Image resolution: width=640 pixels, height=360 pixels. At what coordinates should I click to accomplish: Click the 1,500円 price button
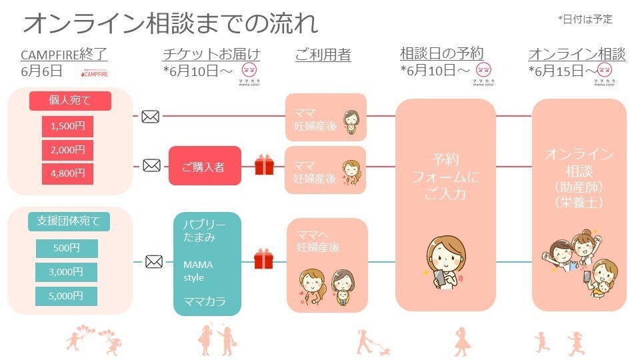pyautogui.click(x=67, y=125)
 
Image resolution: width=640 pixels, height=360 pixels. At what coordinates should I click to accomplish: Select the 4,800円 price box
pyautogui.click(x=67, y=173)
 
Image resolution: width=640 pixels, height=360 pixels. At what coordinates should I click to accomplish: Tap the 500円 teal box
pyautogui.click(x=67, y=248)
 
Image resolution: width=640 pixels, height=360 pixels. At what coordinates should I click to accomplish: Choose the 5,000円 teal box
pyautogui.click(x=67, y=295)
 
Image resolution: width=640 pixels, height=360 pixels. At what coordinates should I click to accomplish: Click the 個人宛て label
pyautogui.click(x=69, y=101)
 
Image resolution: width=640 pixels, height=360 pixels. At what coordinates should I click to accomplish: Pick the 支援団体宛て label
pyautogui.click(x=69, y=221)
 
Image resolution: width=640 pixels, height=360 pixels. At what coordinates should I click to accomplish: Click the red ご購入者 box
pyautogui.click(x=204, y=166)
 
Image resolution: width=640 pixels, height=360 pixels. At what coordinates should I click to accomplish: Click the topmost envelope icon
pyautogui.click(x=151, y=117)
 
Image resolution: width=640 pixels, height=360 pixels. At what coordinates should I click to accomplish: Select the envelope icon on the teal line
pyautogui.click(x=153, y=261)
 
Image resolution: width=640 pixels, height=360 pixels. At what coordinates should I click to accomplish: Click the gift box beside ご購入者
pyautogui.click(x=264, y=165)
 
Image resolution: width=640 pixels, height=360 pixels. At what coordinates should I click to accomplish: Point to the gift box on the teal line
pyautogui.click(x=264, y=259)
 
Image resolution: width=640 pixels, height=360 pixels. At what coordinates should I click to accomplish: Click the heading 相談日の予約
pyautogui.click(x=442, y=53)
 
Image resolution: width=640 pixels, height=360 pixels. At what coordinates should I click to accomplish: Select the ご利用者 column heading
pyautogui.click(x=323, y=54)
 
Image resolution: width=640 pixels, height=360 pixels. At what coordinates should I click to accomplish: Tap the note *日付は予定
pyautogui.click(x=585, y=20)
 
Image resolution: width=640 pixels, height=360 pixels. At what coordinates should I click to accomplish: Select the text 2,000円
pyautogui.click(x=67, y=149)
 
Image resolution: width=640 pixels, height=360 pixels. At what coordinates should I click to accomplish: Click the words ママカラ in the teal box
pyautogui.click(x=204, y=301)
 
